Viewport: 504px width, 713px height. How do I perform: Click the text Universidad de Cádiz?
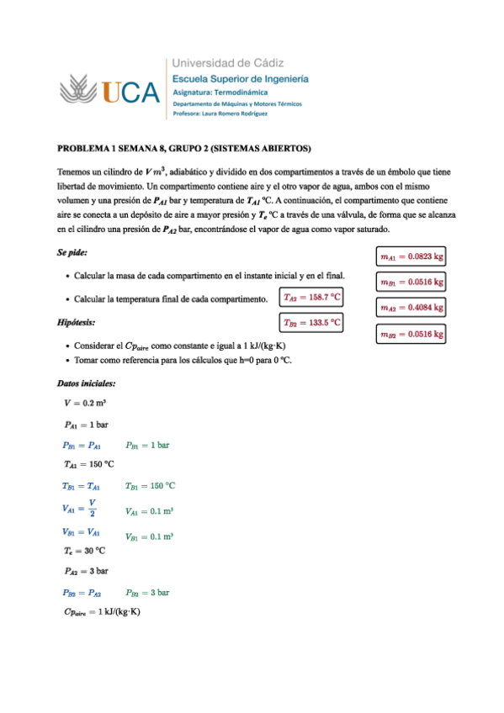[228, 62]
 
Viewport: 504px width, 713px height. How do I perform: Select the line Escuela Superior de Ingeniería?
[241, 77]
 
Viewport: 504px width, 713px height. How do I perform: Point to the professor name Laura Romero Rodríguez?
[220, 113]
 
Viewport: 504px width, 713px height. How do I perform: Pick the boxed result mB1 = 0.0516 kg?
[411, 283]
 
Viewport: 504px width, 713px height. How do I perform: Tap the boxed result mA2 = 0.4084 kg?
[411, 309]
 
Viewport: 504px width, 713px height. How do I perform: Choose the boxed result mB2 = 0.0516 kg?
[411, 335]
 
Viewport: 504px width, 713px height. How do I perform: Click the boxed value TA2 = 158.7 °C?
[311, 297]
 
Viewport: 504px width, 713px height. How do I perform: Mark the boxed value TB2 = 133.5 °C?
[311, 322]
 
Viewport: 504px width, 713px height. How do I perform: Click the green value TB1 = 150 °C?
[150, 485]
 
